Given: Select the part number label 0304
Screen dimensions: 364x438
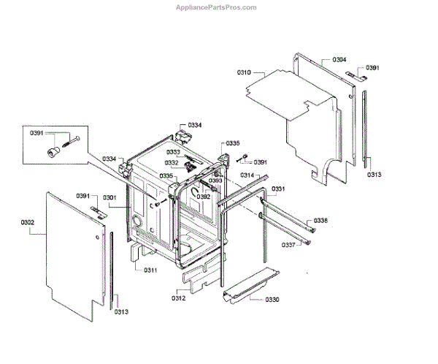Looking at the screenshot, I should click(339, 59).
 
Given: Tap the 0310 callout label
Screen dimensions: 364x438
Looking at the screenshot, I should click(244, 72).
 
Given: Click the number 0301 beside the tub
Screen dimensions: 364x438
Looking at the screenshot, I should click(110, 197).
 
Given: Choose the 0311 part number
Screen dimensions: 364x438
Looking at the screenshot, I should click(150, 270).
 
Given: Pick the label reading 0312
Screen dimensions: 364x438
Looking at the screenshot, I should click(179, 297).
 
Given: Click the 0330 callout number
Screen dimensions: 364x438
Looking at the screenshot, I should click(272, 300).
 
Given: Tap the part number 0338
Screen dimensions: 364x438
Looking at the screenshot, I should click(321, 221).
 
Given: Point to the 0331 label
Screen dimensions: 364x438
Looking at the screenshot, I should click(279, 189).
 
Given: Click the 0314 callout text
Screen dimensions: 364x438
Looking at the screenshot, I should click(247, 176).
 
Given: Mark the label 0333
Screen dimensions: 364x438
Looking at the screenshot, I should click(173, 152).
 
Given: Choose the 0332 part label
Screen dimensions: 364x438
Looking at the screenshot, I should click(171, 163).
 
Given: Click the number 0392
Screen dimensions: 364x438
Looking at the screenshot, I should click(204, 197).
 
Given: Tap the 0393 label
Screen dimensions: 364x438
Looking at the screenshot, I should click(215, 181).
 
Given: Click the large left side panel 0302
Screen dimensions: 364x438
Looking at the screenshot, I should click(69, 249).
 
